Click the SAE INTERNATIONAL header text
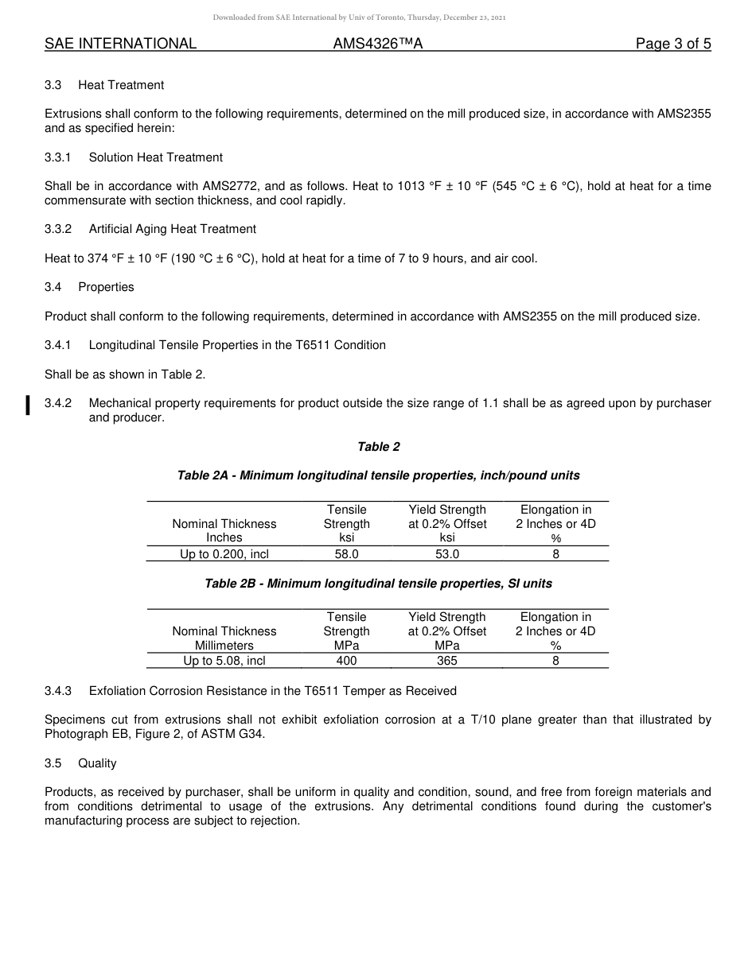point(120,45)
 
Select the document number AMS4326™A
point(378,45)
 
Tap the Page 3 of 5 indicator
point(672,45)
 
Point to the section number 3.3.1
point(58,157)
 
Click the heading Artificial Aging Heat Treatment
point(173,229)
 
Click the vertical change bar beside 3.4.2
point(28,405)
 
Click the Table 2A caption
point(379,475)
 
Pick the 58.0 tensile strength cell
point(346,554)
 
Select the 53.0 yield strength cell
point(446,554)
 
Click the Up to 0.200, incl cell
point(224,554)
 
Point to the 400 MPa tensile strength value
point(346,661)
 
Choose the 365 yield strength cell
point(446,661)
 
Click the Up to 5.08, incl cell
point(224,661)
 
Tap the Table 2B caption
point(379,584)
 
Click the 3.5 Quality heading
point(97,763)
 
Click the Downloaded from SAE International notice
point(359,17)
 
